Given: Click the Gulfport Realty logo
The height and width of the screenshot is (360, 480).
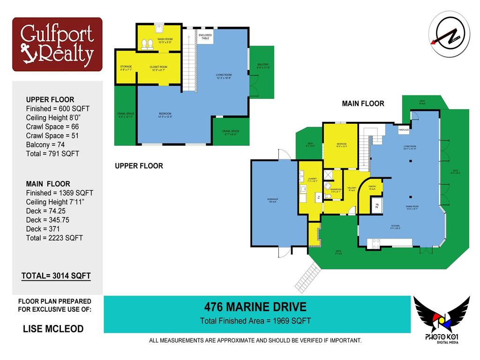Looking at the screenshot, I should coord(57,44).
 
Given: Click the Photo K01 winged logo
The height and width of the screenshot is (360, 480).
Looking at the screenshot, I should coord(441,319).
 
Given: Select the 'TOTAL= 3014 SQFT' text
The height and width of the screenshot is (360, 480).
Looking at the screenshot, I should coord(56,276).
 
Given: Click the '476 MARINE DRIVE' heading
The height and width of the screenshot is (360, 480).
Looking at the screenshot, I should coord(255,307).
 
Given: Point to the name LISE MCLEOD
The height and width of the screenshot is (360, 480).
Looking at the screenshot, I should coord(53,329).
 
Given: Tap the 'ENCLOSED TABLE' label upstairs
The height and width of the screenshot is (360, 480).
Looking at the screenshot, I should coord(205,37).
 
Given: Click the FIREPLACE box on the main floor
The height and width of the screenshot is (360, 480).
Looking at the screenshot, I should coord(404,129).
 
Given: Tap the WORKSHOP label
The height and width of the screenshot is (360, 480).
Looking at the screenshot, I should coord(273,201).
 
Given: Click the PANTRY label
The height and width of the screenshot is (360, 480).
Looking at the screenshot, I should coord(373,187).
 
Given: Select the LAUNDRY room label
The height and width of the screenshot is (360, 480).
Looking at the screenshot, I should coord(313,180).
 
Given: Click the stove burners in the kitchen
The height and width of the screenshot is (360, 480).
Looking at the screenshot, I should coord(376,243).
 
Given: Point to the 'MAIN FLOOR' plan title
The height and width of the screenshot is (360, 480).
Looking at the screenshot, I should coord(363,104).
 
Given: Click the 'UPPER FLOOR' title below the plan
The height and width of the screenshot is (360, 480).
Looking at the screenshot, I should coord(139,166).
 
